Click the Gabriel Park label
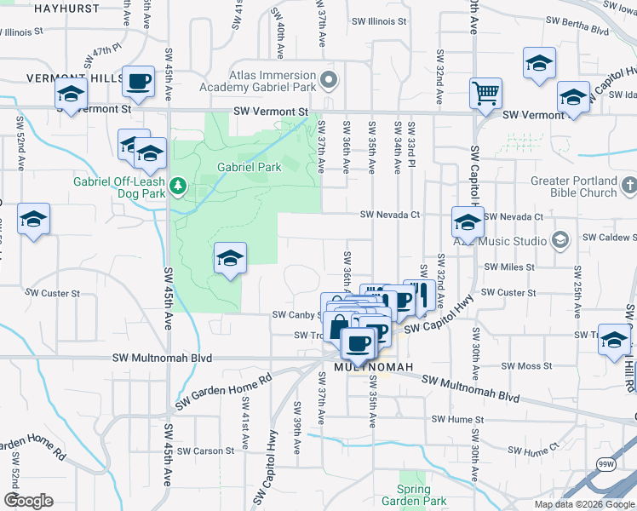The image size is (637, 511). tap(249, 168)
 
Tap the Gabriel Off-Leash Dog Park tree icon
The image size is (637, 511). tap(178, 185)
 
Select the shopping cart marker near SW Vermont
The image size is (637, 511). tap(485, 93)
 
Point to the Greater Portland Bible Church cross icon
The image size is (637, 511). tap(628, 185)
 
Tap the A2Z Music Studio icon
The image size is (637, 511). tap(560, 241)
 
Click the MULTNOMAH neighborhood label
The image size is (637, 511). tap(374, 367)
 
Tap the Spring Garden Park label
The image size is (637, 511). tap(413, 495)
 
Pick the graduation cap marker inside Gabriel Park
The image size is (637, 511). tap(229, 258)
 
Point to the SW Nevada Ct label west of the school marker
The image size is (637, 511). tap(390, 215)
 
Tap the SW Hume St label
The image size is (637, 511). tap(457, 420)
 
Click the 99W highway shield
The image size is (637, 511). tap(606, 465)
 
